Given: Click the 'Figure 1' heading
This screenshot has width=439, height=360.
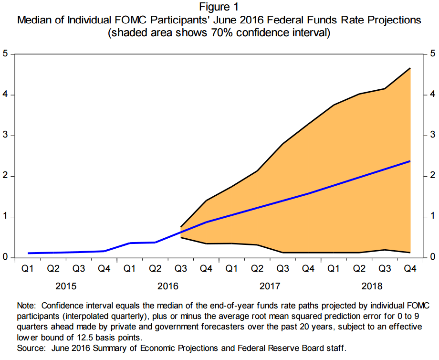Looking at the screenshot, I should coord(219,7).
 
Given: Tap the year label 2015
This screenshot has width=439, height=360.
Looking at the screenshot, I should coord(66,286).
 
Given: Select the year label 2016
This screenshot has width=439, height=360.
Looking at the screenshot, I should coord(168,286).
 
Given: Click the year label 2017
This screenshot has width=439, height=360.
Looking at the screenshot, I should coord(270,286).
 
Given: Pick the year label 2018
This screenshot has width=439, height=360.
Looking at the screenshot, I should coord(372,286).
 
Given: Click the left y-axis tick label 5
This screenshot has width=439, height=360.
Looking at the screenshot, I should coord(5,53).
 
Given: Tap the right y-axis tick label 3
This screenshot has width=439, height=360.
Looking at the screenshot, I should coord(432,136).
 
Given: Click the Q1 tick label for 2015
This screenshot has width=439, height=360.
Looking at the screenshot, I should coord(28,269).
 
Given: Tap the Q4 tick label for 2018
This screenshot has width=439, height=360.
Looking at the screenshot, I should coord(410,269).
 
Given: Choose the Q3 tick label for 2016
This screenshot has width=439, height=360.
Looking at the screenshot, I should coord(181,269).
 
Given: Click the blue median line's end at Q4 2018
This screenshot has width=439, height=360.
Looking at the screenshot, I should coord(410,161).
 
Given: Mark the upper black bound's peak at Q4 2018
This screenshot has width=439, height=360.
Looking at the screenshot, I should coord(410,68).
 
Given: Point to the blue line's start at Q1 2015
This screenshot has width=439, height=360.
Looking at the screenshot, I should coord(28,253).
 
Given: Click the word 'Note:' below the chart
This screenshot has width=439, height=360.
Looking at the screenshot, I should coord(27,305).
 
